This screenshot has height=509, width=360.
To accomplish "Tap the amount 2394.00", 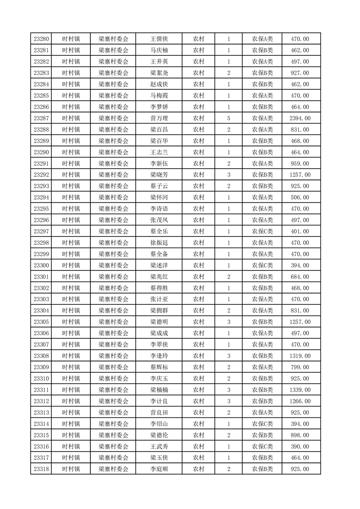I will pos(300,118).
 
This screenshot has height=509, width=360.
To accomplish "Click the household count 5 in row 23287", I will pos(228,118).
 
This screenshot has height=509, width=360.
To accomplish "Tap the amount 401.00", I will pos(300,231).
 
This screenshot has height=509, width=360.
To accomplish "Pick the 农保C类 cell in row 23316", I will pos(262,446).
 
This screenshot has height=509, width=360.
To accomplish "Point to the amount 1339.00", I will pos(300,390).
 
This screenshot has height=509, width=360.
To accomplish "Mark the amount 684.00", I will pos(300,277).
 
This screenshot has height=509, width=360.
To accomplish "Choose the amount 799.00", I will pos(300,367).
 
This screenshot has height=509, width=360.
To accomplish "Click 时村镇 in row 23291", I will pos(71,164).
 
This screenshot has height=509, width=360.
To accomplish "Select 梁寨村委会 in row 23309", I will pos(113,367).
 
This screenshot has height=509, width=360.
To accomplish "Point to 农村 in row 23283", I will pos(198,73).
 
